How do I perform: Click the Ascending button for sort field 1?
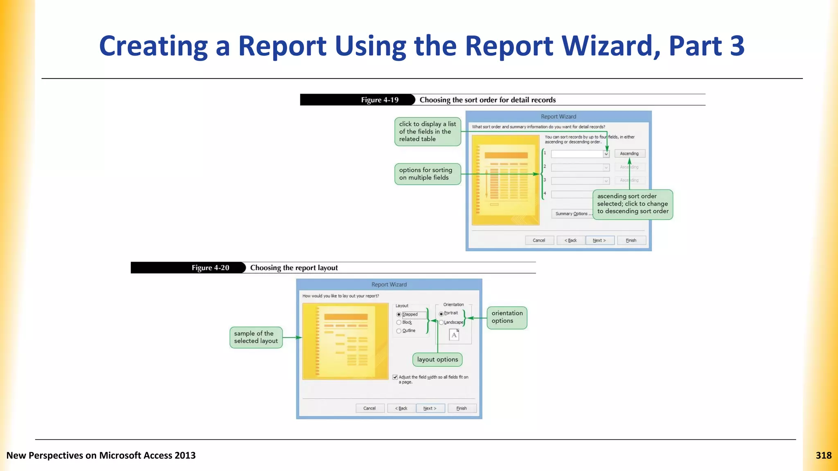pyautogui.click(x=629, y=154)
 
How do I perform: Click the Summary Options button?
pyautogui.click(x=572, y=214)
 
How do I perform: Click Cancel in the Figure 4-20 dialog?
pyautogui.click(x=369, y=408)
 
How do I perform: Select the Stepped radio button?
pyautogui.click(x=399, y=314)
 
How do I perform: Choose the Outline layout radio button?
pyautogui.click(x=399, y=331)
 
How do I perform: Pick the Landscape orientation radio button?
pyautogui.click(x=441, y=323)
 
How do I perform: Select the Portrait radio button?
pyautogui.click(x=441, y=314)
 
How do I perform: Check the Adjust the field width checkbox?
pyautogui.click(x=395, y=377)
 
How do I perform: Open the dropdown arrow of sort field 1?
pyautogui.click(x=606, y=154)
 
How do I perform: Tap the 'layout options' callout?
pyautogui.click(x=437, y=360)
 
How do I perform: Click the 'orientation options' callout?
pyautogui.click(x=507, y=317)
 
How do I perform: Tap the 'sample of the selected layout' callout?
pyautogui.click(x=256, y=337)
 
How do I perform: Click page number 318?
pyautogui.click(x=823, y=455)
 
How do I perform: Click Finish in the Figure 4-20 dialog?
pyautogui.click(x=462, y=408)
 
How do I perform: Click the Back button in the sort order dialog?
pyautogui.click(x=570, y=240)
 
